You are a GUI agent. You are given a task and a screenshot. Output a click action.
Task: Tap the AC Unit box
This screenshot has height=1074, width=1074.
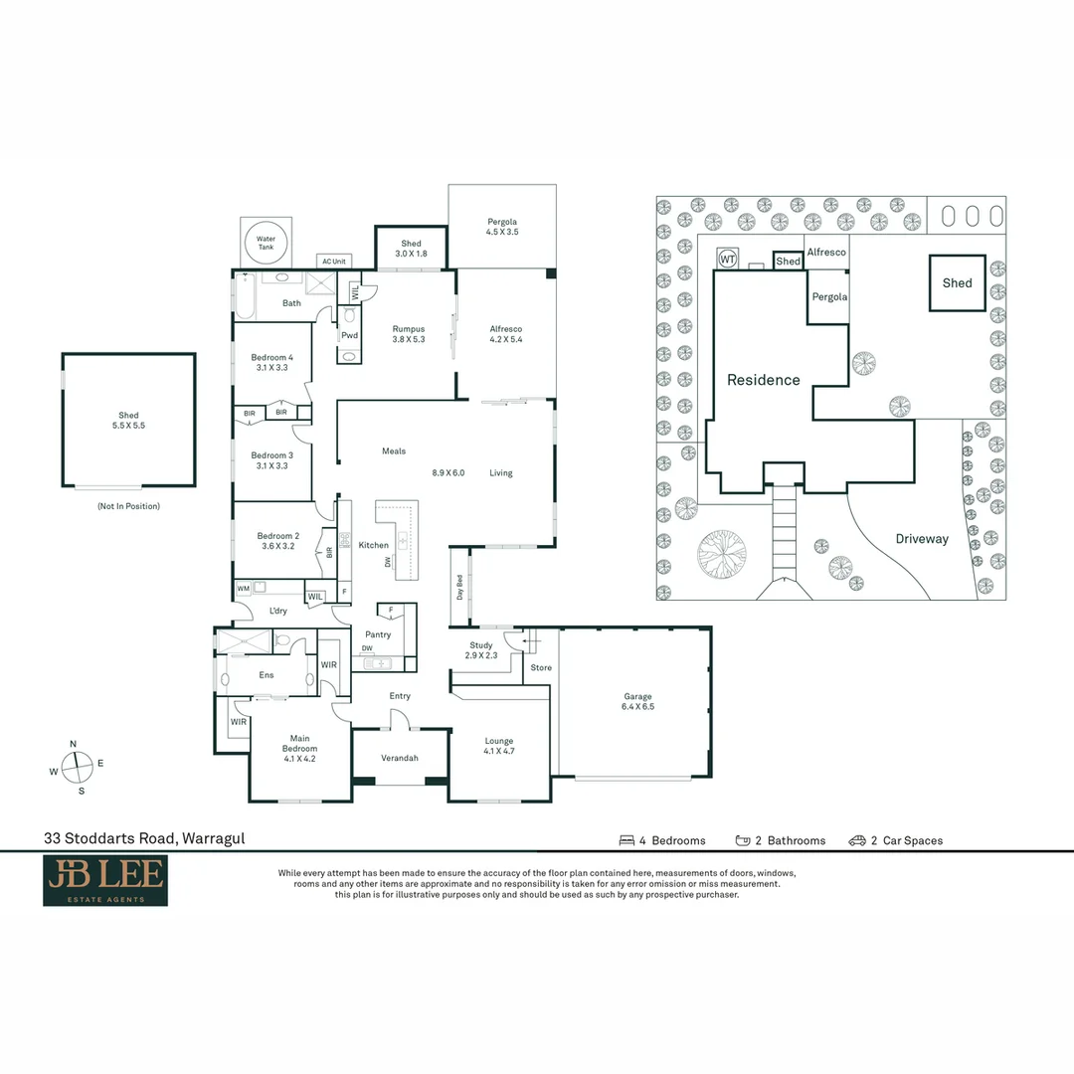click(x=332, y=262)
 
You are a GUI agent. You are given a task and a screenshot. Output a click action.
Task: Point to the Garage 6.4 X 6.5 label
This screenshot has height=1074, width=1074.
click(x=638, y=702)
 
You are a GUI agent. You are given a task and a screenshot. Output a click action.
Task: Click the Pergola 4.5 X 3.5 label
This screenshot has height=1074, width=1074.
click(x=502, y=227)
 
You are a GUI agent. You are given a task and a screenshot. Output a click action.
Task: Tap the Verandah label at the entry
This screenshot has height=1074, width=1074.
click(x=400, y=758)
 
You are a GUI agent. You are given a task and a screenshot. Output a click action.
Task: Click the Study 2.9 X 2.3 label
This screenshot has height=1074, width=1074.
click(x=481, y=650)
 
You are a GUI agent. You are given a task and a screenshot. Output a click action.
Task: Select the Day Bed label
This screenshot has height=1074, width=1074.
click(x=460, y=588)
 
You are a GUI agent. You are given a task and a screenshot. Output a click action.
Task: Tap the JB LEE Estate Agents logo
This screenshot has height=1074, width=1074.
click(x=105, y=881)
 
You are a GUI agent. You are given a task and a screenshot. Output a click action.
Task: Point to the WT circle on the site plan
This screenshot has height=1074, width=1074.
click(x=727, y=259)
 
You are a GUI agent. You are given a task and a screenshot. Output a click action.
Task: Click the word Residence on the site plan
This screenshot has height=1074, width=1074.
click(x=763, y=380)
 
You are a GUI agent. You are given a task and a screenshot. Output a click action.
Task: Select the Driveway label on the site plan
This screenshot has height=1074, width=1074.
click(x=922, y=539)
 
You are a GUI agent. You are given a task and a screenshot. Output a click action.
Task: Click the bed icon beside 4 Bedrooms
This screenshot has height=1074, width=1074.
click(x=626, y=840)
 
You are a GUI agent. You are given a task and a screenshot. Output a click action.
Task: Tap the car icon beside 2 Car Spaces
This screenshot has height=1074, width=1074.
click(x=857, y=840)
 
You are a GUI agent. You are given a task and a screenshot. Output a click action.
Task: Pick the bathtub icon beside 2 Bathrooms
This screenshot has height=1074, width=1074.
click(x=743, y=840)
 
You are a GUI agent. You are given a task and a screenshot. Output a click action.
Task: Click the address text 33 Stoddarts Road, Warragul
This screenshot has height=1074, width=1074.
click(x=144, y=838)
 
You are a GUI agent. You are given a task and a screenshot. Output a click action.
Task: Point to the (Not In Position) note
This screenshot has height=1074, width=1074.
click(x=128, y=506)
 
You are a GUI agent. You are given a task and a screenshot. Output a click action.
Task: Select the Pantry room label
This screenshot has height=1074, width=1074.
click(x=379, y=634)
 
